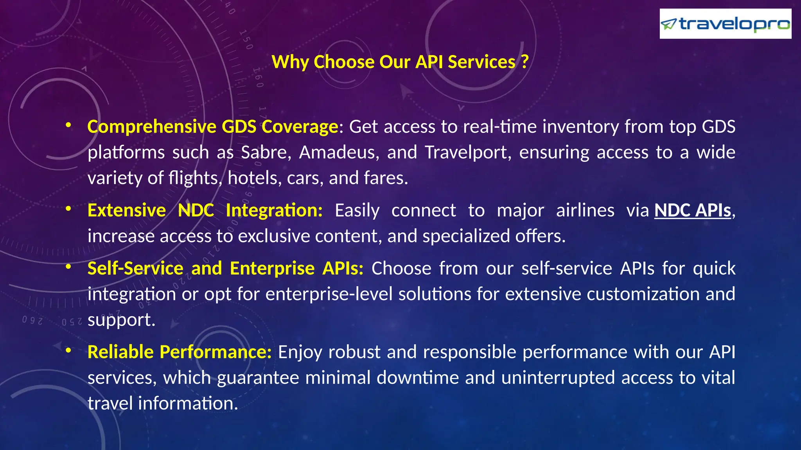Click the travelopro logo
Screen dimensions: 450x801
[x=725, y=24]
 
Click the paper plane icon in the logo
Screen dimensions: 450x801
[x=668, y=25]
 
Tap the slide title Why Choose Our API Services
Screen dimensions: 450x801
[x=400, y=62]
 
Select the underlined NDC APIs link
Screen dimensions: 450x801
[x=693, y=210]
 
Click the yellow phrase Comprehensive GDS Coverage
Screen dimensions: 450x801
[x=213, y=127]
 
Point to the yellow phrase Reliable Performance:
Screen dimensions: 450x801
[x=180, y=352]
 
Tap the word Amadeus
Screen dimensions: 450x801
[x=339, y=152]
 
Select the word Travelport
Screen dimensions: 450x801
[x=468, y=152]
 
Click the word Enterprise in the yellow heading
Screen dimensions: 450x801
[x=272, y=268]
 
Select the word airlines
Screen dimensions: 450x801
[x=585, y=210]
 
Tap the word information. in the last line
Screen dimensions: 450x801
[x=188, y=403]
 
